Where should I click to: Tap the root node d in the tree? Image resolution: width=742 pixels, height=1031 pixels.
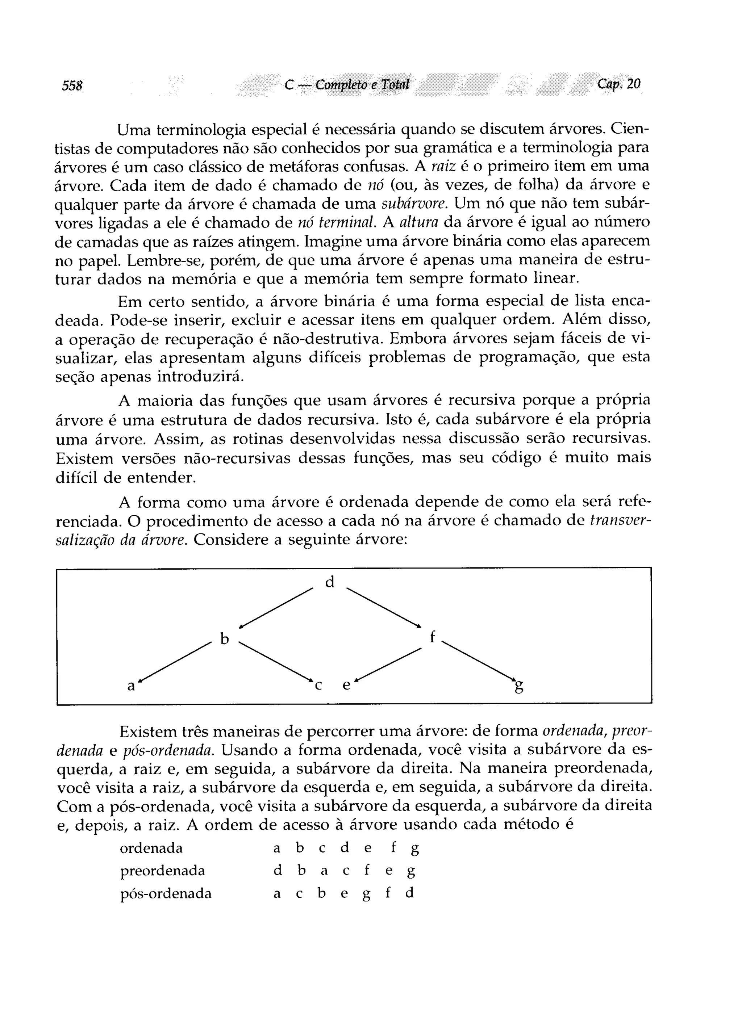pos(330,582)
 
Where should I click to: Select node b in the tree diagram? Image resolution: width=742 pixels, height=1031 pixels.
pos(224,639)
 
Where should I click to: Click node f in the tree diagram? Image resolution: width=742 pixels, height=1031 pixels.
pos(432,637)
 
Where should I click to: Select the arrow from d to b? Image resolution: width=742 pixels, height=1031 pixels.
pos(276,609)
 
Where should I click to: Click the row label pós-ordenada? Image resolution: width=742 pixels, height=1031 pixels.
pos(166,894)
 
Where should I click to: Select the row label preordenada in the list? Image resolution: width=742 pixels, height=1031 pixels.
pos(162,871)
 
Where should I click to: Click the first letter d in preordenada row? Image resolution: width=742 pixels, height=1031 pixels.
pos(278,871)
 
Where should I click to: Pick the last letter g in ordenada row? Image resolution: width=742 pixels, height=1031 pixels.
pos(414,848)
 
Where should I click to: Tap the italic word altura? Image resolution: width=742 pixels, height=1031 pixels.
pos(418,222)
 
